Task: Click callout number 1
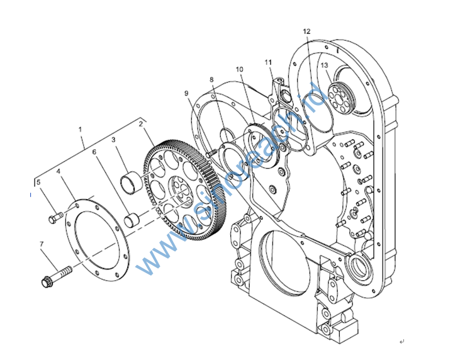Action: click(81, 129)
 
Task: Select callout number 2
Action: click(141, 123)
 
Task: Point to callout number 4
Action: click(58, 171)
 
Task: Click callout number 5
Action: click(38, 183)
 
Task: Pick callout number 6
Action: click(95, 152)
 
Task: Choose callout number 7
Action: click(42, 244)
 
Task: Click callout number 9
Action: click(187, 93)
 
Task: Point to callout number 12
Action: click(306, 31)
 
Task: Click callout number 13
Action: click(324, 65)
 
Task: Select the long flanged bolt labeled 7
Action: click(57, 276)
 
